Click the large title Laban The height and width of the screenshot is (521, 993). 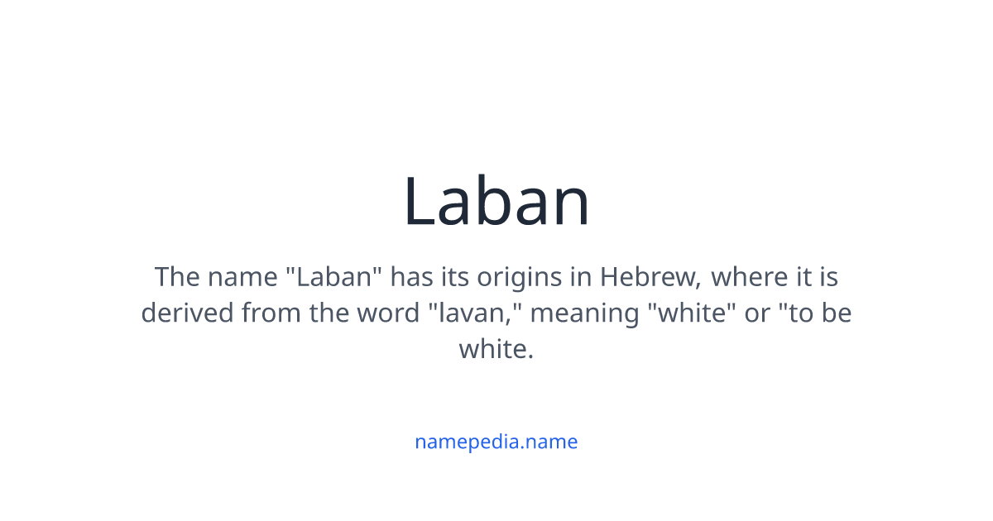pyautogui.click(x=496, y=202)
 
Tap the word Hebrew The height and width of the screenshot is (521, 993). pyautogui.click(x=650, y=277)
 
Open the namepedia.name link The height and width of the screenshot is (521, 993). pyautogui.click(x=496, y=442)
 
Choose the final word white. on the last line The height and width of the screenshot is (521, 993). pyautogui.click(x=496, y=350)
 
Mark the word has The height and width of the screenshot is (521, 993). pyautogui.click(x=411, y=277)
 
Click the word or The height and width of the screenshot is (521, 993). pyautogui.click(x=757, y=313)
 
